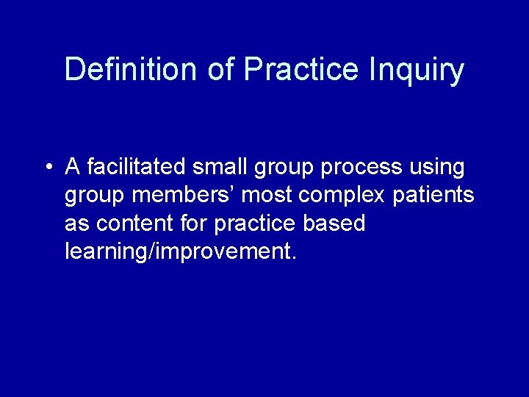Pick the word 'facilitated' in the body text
pyautogui.click(x=137, y=168)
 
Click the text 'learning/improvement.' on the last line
pyautogui.click(x=181, y=252)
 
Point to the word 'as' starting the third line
pyautogui.click(x=75, y=224)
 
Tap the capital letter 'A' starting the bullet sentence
pyautogui.click(x=73, y=168)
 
